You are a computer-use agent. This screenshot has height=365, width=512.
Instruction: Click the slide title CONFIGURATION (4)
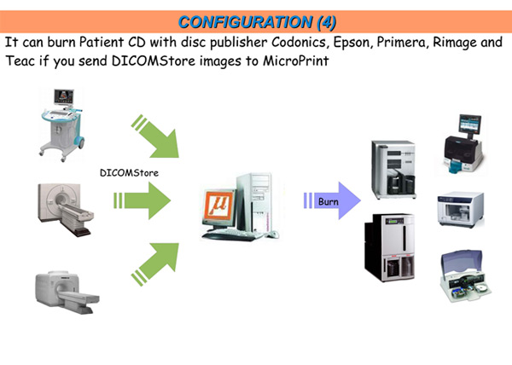(257, 22)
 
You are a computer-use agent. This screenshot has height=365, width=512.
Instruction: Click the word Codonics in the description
(299, 42)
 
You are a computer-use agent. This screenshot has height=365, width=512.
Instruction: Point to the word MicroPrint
(296, 61)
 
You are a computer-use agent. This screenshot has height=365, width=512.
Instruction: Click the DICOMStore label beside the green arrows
(129, 172)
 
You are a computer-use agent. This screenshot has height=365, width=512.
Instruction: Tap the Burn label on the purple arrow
(329, 201)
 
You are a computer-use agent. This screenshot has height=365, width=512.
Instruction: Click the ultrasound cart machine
(62, 125)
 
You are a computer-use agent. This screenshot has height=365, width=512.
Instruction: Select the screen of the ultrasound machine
(64, 96)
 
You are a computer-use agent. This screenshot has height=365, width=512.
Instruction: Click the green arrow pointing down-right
(155, 136)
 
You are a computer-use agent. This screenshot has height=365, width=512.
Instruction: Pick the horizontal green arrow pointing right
(142, 200)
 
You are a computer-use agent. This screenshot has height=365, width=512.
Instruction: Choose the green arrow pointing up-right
(155, 264)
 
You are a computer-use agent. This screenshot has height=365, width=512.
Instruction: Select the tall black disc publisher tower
(390, 247)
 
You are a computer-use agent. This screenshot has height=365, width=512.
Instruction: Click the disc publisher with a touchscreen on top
(463, 144)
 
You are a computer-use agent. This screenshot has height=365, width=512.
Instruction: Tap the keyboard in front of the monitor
(232, 235)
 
